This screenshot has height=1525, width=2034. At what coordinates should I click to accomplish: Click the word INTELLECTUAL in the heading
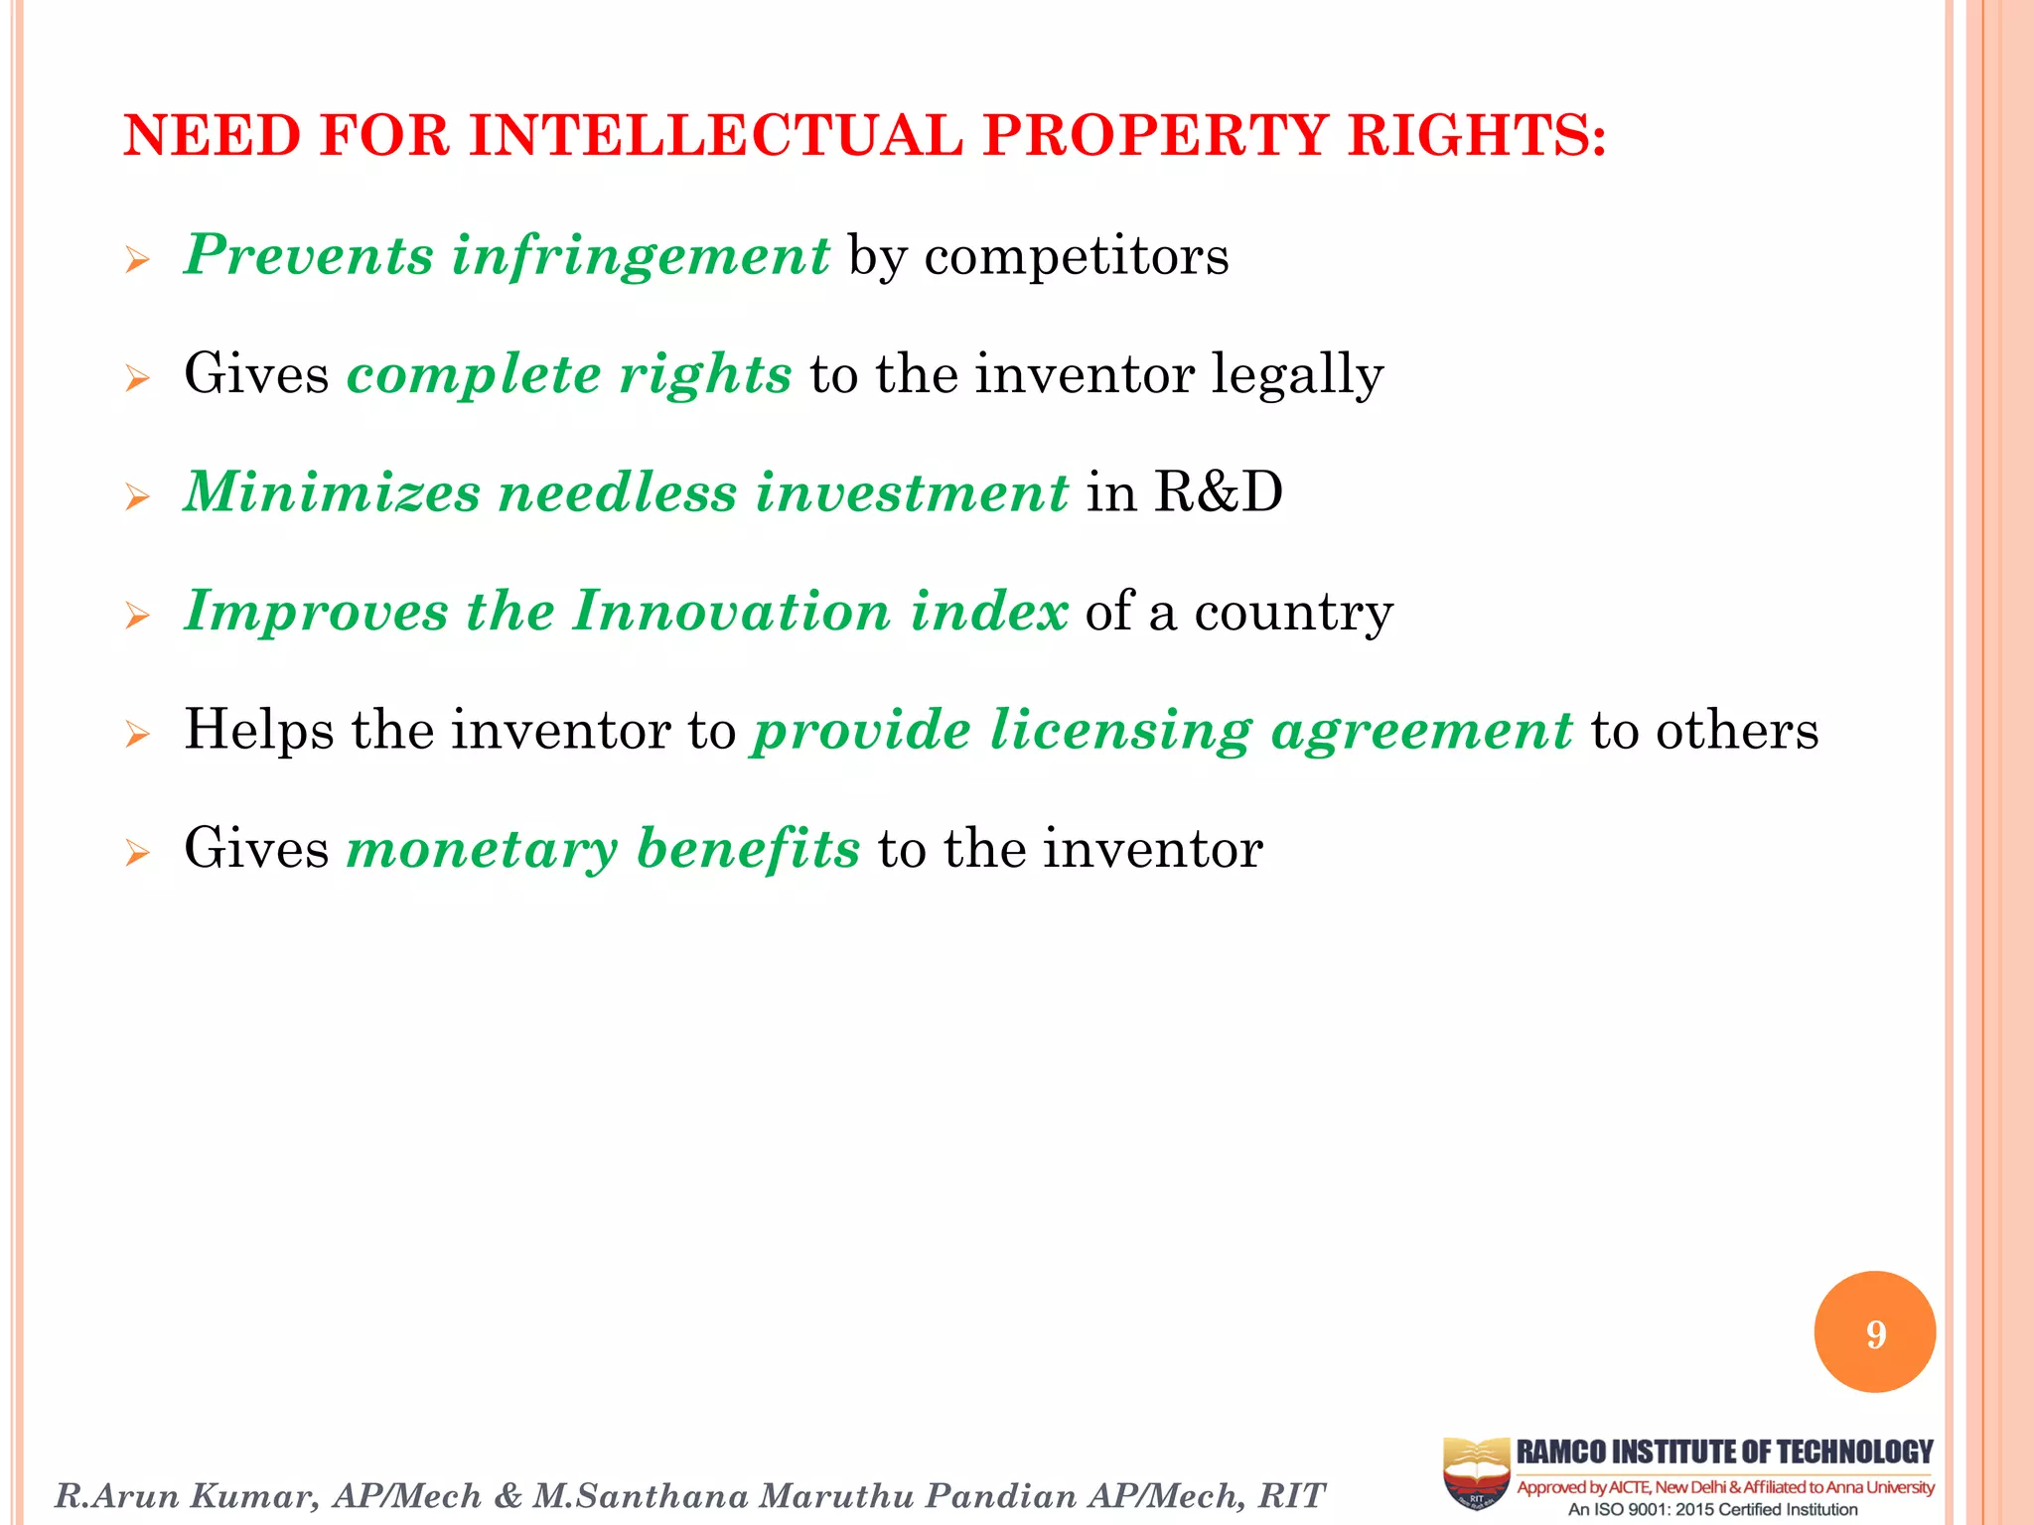pos(715,135)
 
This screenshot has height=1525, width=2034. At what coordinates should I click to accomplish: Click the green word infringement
pos(641,256)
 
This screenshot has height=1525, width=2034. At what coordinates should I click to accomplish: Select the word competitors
pos(1077,256)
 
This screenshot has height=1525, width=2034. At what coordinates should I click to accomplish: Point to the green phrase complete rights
pos(569,375)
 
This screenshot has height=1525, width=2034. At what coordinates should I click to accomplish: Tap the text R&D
pos(1219,492)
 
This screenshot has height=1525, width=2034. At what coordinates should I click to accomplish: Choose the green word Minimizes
pos(333,492)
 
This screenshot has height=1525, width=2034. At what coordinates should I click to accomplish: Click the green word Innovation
pos(732,611)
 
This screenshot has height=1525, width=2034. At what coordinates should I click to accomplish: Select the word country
pos(1293,612)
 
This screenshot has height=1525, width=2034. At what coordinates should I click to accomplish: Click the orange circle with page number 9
pos(1874,1332)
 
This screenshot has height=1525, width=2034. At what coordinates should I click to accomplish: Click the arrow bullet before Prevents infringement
pos(137,261)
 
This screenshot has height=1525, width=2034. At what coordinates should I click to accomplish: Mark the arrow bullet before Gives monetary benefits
pos(137,853)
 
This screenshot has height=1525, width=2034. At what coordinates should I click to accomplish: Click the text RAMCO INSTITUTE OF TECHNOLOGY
pos(1724,1452)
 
